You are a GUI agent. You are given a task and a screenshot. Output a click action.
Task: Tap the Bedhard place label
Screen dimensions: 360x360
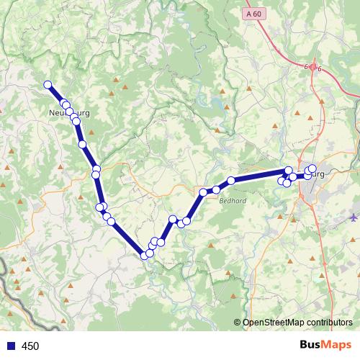232,202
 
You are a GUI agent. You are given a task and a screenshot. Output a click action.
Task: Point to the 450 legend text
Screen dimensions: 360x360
30,346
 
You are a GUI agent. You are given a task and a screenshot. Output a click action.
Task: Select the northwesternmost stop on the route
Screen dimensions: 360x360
48,85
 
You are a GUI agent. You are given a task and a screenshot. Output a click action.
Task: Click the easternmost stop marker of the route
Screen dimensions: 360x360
312,168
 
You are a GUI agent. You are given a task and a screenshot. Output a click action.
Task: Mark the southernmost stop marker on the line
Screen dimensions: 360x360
145,255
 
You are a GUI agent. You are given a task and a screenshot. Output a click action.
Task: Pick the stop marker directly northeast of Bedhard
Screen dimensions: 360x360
231,181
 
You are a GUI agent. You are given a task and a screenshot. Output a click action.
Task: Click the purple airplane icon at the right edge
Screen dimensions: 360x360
354,217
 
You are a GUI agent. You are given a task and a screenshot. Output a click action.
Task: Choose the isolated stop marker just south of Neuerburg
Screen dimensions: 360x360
83,145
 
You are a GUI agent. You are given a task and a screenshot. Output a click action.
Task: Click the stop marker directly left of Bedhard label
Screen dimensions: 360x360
204,192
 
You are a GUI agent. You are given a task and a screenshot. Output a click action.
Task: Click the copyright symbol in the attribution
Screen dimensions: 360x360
237,323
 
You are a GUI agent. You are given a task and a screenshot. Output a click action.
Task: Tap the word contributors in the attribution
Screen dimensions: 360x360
327,323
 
